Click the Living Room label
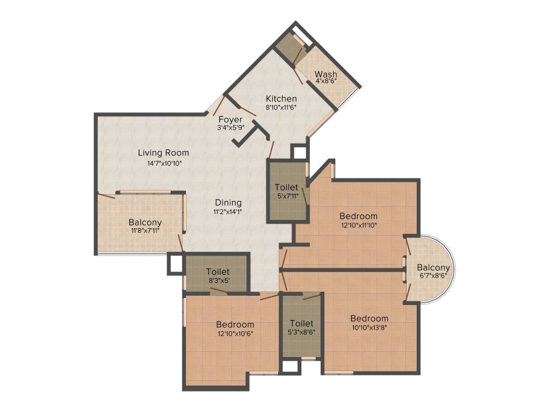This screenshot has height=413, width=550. click(163, 153)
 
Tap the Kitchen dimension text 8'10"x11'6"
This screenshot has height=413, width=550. click(281, 107)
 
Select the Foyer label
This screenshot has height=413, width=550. click(230, 119)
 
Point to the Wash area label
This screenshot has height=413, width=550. click(325, 74)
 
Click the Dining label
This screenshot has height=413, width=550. click(228, 203)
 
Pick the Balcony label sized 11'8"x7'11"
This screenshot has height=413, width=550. click(145, 222)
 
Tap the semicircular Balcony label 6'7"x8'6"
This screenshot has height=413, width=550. click(433, 268)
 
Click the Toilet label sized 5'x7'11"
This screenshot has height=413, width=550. click(286, 187)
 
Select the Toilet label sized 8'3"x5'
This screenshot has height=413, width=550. click(218, 272)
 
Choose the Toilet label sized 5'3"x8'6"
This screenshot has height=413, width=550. click(301, 324)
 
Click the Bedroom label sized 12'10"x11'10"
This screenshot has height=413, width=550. click(358, 216)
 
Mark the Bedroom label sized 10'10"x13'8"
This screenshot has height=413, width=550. click(369, 318)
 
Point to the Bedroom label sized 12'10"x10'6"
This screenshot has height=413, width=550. click(235, 325)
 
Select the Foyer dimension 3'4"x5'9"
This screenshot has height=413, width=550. click(230, 128)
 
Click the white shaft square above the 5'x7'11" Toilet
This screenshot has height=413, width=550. click(298, 152)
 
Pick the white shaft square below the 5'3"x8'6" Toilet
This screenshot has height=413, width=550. click(290, 367)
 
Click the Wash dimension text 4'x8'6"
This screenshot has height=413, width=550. click(325, 81)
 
